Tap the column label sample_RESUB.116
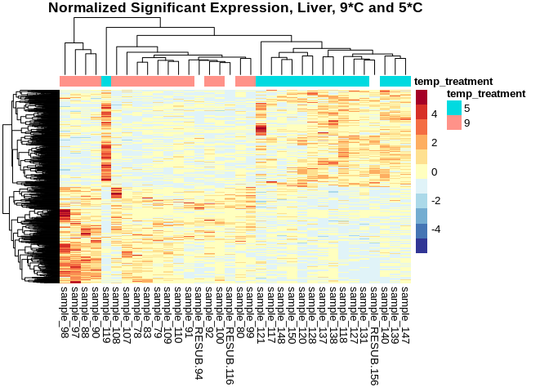[230, 323]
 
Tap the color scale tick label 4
[433, 114]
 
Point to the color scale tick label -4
[435, 229]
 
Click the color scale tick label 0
[433, 171]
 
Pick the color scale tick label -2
[435, 201]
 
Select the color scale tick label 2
[433, 143]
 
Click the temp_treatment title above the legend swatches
[485, 94]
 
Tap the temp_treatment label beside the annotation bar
[453, 82]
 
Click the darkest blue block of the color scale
[422, 245]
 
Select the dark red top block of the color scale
[422, 97]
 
